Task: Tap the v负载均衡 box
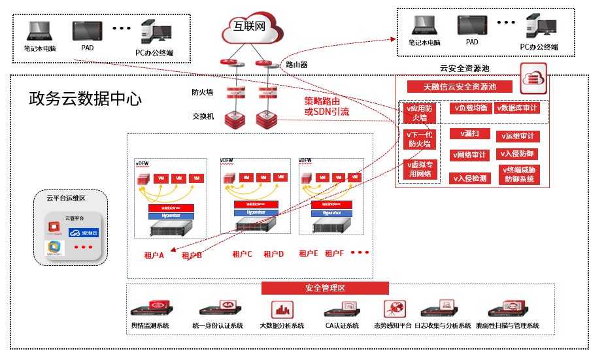coord(469,108)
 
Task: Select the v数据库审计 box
coord(518,108)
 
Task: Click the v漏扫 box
coord(469,133)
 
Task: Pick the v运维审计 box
coord(518,136)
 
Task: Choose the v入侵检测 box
coord(469,178)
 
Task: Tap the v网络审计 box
coord(469,155)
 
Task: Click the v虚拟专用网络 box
coord(419,169)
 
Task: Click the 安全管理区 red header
coord(325,288)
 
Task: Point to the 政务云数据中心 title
coord(85,99)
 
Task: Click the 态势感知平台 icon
coord(394,309)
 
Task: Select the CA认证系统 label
coord(342,325)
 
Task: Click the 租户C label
coord(242,254)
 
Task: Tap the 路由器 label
coord(296,65)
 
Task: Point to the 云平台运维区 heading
coord(66,198)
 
